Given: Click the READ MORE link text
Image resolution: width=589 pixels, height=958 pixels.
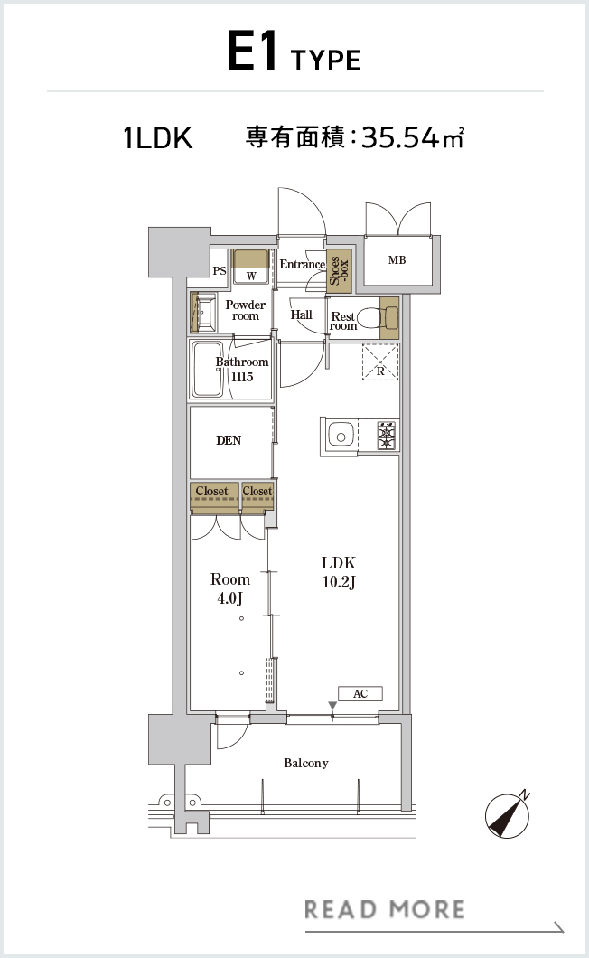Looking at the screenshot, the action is coord(384,910).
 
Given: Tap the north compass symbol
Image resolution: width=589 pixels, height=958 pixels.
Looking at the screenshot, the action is coord(508,814).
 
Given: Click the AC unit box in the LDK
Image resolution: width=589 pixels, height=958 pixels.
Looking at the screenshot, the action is coord(360,693).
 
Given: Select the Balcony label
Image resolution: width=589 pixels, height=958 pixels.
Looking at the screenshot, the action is coord(306,763).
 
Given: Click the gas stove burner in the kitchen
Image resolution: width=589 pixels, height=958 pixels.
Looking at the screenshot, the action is coord(386,436).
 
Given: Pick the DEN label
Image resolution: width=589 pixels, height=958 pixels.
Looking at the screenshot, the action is coord(229,440).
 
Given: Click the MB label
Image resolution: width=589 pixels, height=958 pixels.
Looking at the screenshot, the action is coord(397,259).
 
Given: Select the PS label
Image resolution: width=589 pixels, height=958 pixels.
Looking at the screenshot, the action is coord(220,270).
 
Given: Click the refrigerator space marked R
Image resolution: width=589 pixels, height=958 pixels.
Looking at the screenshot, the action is coord(380,362).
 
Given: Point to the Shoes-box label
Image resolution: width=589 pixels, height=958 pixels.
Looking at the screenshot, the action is coord(339,270).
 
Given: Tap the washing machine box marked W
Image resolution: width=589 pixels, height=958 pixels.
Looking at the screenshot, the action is coord(251,267).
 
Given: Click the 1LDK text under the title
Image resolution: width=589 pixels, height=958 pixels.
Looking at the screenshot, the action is coord(158,137).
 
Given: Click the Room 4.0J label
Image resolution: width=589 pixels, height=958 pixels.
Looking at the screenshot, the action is coord(230,588).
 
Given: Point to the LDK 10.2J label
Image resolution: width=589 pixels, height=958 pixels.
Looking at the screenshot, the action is coord(339,572).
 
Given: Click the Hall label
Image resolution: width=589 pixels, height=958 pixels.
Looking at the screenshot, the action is coord(301,315).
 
